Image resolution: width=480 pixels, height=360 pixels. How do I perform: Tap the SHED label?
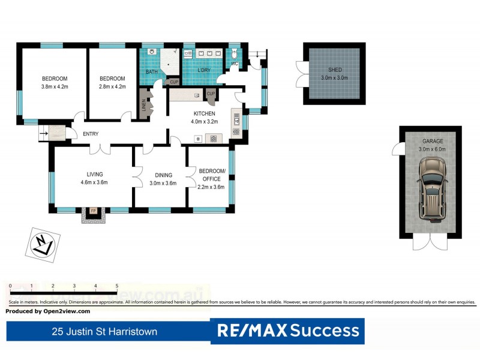[334, 69]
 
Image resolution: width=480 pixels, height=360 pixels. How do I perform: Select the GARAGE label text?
[431, 141]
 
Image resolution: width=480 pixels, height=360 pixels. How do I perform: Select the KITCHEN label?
[204, 113]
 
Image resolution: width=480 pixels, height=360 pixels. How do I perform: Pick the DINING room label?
[163, 175]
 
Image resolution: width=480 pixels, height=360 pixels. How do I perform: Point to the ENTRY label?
[91, 134]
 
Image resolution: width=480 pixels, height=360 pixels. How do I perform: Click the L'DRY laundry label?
[205, 72]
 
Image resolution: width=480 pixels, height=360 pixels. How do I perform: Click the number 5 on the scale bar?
[116, 286]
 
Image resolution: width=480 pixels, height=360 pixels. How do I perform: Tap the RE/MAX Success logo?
[288, 330]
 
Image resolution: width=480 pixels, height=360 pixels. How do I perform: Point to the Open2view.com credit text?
[48, 311]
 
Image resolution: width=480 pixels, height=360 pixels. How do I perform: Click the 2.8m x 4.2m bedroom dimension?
[112, 87]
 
